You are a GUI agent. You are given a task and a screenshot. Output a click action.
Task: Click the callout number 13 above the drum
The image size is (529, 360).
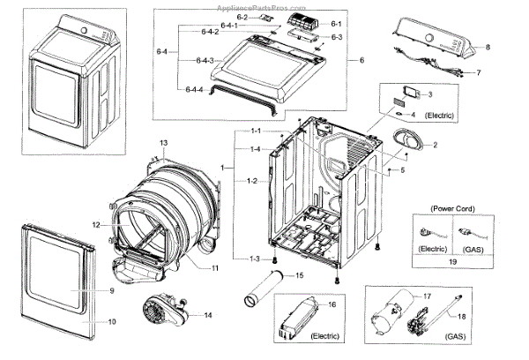pyautogui.click(x=163, y=143)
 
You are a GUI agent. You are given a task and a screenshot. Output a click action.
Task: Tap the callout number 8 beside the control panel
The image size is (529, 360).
pyautogui.click(x=488, y=45)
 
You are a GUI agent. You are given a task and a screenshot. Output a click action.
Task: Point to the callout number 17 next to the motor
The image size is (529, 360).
pyautogui.click(x=428, y=296)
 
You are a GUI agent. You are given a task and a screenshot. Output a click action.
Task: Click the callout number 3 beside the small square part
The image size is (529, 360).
pyautogui.click(x=429, y=94)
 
